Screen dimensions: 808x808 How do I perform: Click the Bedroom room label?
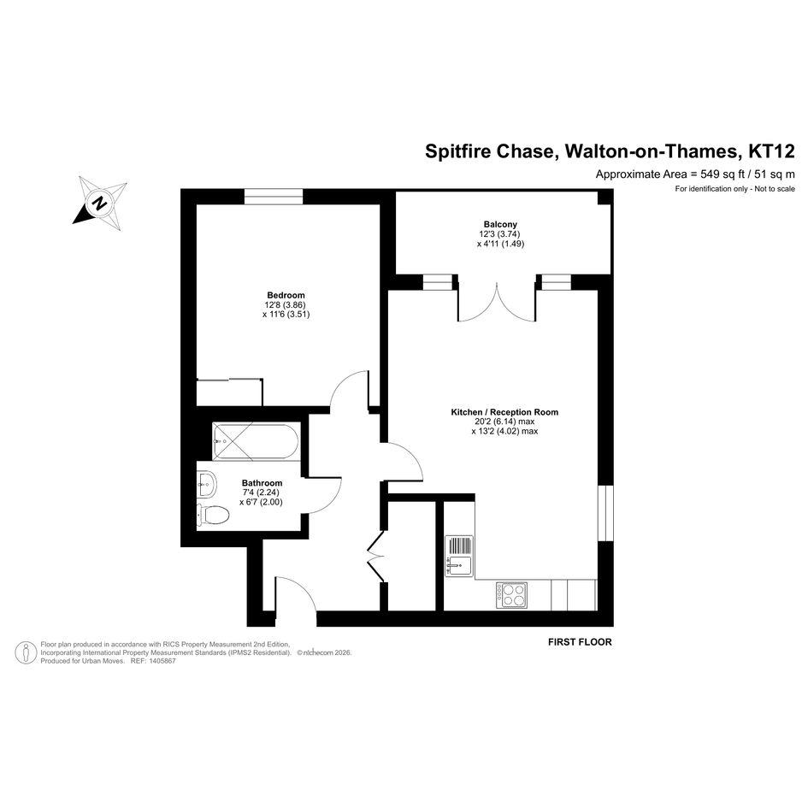tap(286, 295)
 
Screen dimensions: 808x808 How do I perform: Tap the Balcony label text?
tap(500, 224)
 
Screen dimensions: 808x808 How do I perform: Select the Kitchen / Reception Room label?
tap(504, 412)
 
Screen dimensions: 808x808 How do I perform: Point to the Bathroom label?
tap(262, 483)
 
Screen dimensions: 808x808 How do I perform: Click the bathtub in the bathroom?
tap(256, 441)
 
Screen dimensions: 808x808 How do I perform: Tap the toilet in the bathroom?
tap(213, 514)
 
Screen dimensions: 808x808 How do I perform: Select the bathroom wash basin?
tap(207, 484)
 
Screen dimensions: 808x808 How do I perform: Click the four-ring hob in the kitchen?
tap(511, 595)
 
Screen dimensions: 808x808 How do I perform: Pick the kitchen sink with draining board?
tap(459, 556)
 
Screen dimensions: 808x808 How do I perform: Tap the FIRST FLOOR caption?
tap(580, 642)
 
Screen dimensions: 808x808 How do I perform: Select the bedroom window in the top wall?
tap(273, 197)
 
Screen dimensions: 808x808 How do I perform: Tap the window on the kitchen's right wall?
tap(605, 513)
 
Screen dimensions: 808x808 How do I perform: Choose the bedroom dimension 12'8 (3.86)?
tap(285, 304)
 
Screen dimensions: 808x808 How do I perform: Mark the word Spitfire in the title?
tap(457, 152)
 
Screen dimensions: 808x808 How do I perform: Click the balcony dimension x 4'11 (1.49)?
tap(500, 244)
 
